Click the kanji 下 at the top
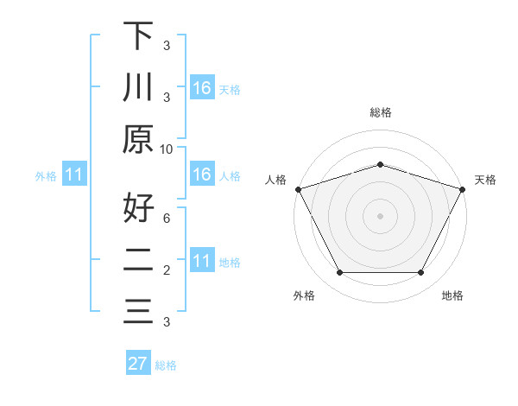tap(138, 35)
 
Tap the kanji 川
tap(138, 88)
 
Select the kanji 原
tap(138, 140)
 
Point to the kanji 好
tap(138, 207)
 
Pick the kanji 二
tap(138, 260)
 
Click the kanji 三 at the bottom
tap(138, 312)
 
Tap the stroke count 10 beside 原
tap(167, 149)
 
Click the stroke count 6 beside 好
tap(167, 219)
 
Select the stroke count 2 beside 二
tap(167, 270)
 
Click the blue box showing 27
tap(138, 364)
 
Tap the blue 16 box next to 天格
tap(201, 88)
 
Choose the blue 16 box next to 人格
tap(201, 175)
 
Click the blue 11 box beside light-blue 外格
tap(73, 175)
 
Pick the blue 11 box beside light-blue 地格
tap(201, 261)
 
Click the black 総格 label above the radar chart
tap(380, 112)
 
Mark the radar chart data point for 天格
tap(463, 188)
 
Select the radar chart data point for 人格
tap(298, 188)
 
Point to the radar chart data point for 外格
tap(339, 273)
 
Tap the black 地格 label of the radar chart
tap(452, 295)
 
